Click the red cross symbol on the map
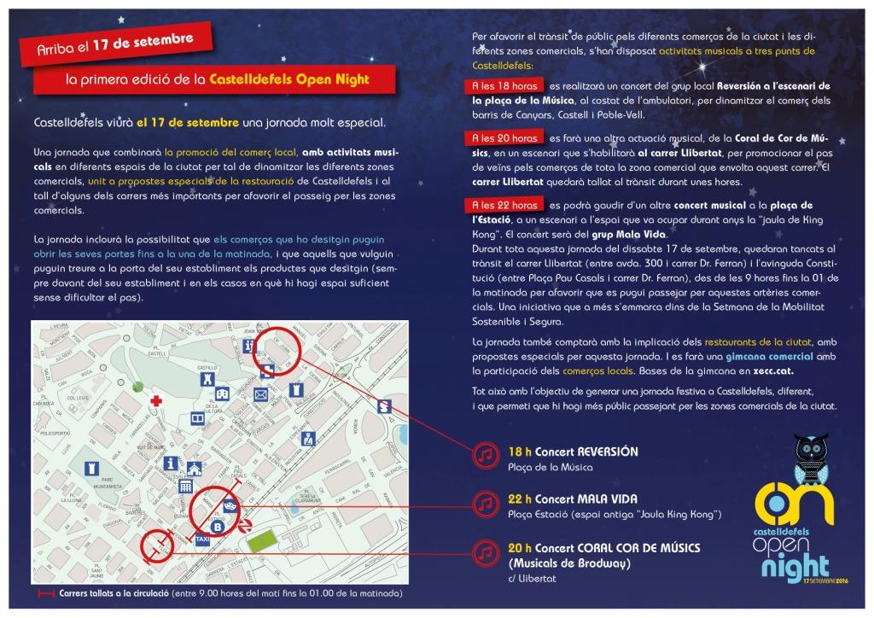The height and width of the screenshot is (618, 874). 156,400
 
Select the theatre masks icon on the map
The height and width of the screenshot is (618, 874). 228,506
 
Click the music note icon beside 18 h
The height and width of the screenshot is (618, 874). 484,455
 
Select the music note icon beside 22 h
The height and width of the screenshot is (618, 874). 484,504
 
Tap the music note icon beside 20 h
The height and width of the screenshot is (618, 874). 484,552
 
